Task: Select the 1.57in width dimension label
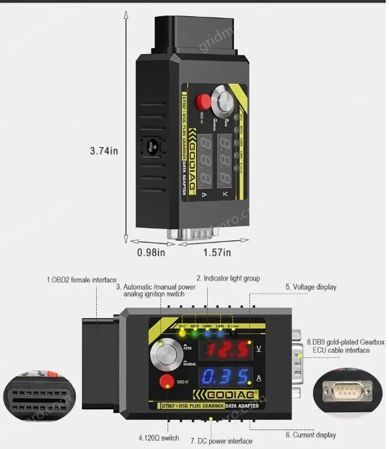click(217, 252)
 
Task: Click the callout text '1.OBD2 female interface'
click(81, 280)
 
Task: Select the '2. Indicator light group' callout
click(228, 279)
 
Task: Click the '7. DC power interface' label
click(221, 441)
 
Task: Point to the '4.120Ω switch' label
click(158, 437)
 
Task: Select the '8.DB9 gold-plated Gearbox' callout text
click(345, 342)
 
